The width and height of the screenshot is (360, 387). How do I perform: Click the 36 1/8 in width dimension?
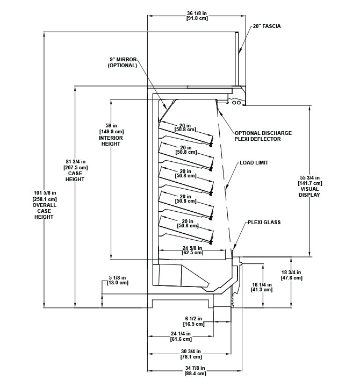point(197,16)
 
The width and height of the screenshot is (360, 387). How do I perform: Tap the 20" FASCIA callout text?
point(267,26)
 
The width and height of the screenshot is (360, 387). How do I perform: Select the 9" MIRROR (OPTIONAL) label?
point(123,62)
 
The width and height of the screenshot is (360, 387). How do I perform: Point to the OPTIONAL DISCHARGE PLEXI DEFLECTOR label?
point(263,136)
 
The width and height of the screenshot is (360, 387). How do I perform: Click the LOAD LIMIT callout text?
point(254,163)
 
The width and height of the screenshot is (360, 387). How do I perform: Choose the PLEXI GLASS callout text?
point(264,222)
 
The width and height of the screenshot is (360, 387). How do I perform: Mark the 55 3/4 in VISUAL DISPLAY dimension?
point(309,187)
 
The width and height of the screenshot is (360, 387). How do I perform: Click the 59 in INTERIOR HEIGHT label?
point(111,135)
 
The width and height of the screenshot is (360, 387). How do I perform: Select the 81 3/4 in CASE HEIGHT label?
point(75,170)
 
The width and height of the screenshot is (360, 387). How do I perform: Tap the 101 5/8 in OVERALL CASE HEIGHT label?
point(45,205)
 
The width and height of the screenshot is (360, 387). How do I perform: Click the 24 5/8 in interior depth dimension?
point(192,250)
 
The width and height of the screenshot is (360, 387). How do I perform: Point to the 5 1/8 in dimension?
point(118,281)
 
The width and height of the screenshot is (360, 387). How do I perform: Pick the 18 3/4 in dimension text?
point(291,275)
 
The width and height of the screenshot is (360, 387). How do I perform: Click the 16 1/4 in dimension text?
point(262,287)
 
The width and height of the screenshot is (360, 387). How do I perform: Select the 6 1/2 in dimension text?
point(193,321)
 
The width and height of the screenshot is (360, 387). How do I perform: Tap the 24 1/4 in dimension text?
point(181,336)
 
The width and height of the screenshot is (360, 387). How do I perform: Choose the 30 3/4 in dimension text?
point(191,354)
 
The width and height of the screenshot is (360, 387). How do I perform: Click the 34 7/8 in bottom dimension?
point(195,371)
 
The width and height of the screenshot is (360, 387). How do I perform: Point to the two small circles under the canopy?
point(236,103)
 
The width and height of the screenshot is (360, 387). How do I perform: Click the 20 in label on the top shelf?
point(185,127)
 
